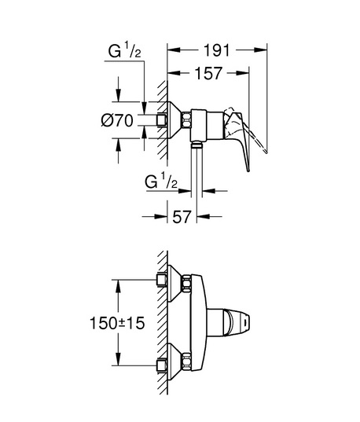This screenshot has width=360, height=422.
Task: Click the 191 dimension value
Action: pos(217,50)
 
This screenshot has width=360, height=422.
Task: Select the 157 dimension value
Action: pos(208,73)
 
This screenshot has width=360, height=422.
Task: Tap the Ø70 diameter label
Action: pos(117,120)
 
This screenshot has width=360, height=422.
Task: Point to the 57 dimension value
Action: pos(182,216)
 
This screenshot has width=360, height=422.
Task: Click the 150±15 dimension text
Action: pos(117,323)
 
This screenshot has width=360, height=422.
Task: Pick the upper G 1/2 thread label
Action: pos(124,51)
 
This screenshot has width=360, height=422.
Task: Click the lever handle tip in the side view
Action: pos(248,170)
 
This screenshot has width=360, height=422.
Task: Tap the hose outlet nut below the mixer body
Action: pos(197,145)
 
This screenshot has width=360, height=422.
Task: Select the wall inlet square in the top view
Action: pos(162,120)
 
